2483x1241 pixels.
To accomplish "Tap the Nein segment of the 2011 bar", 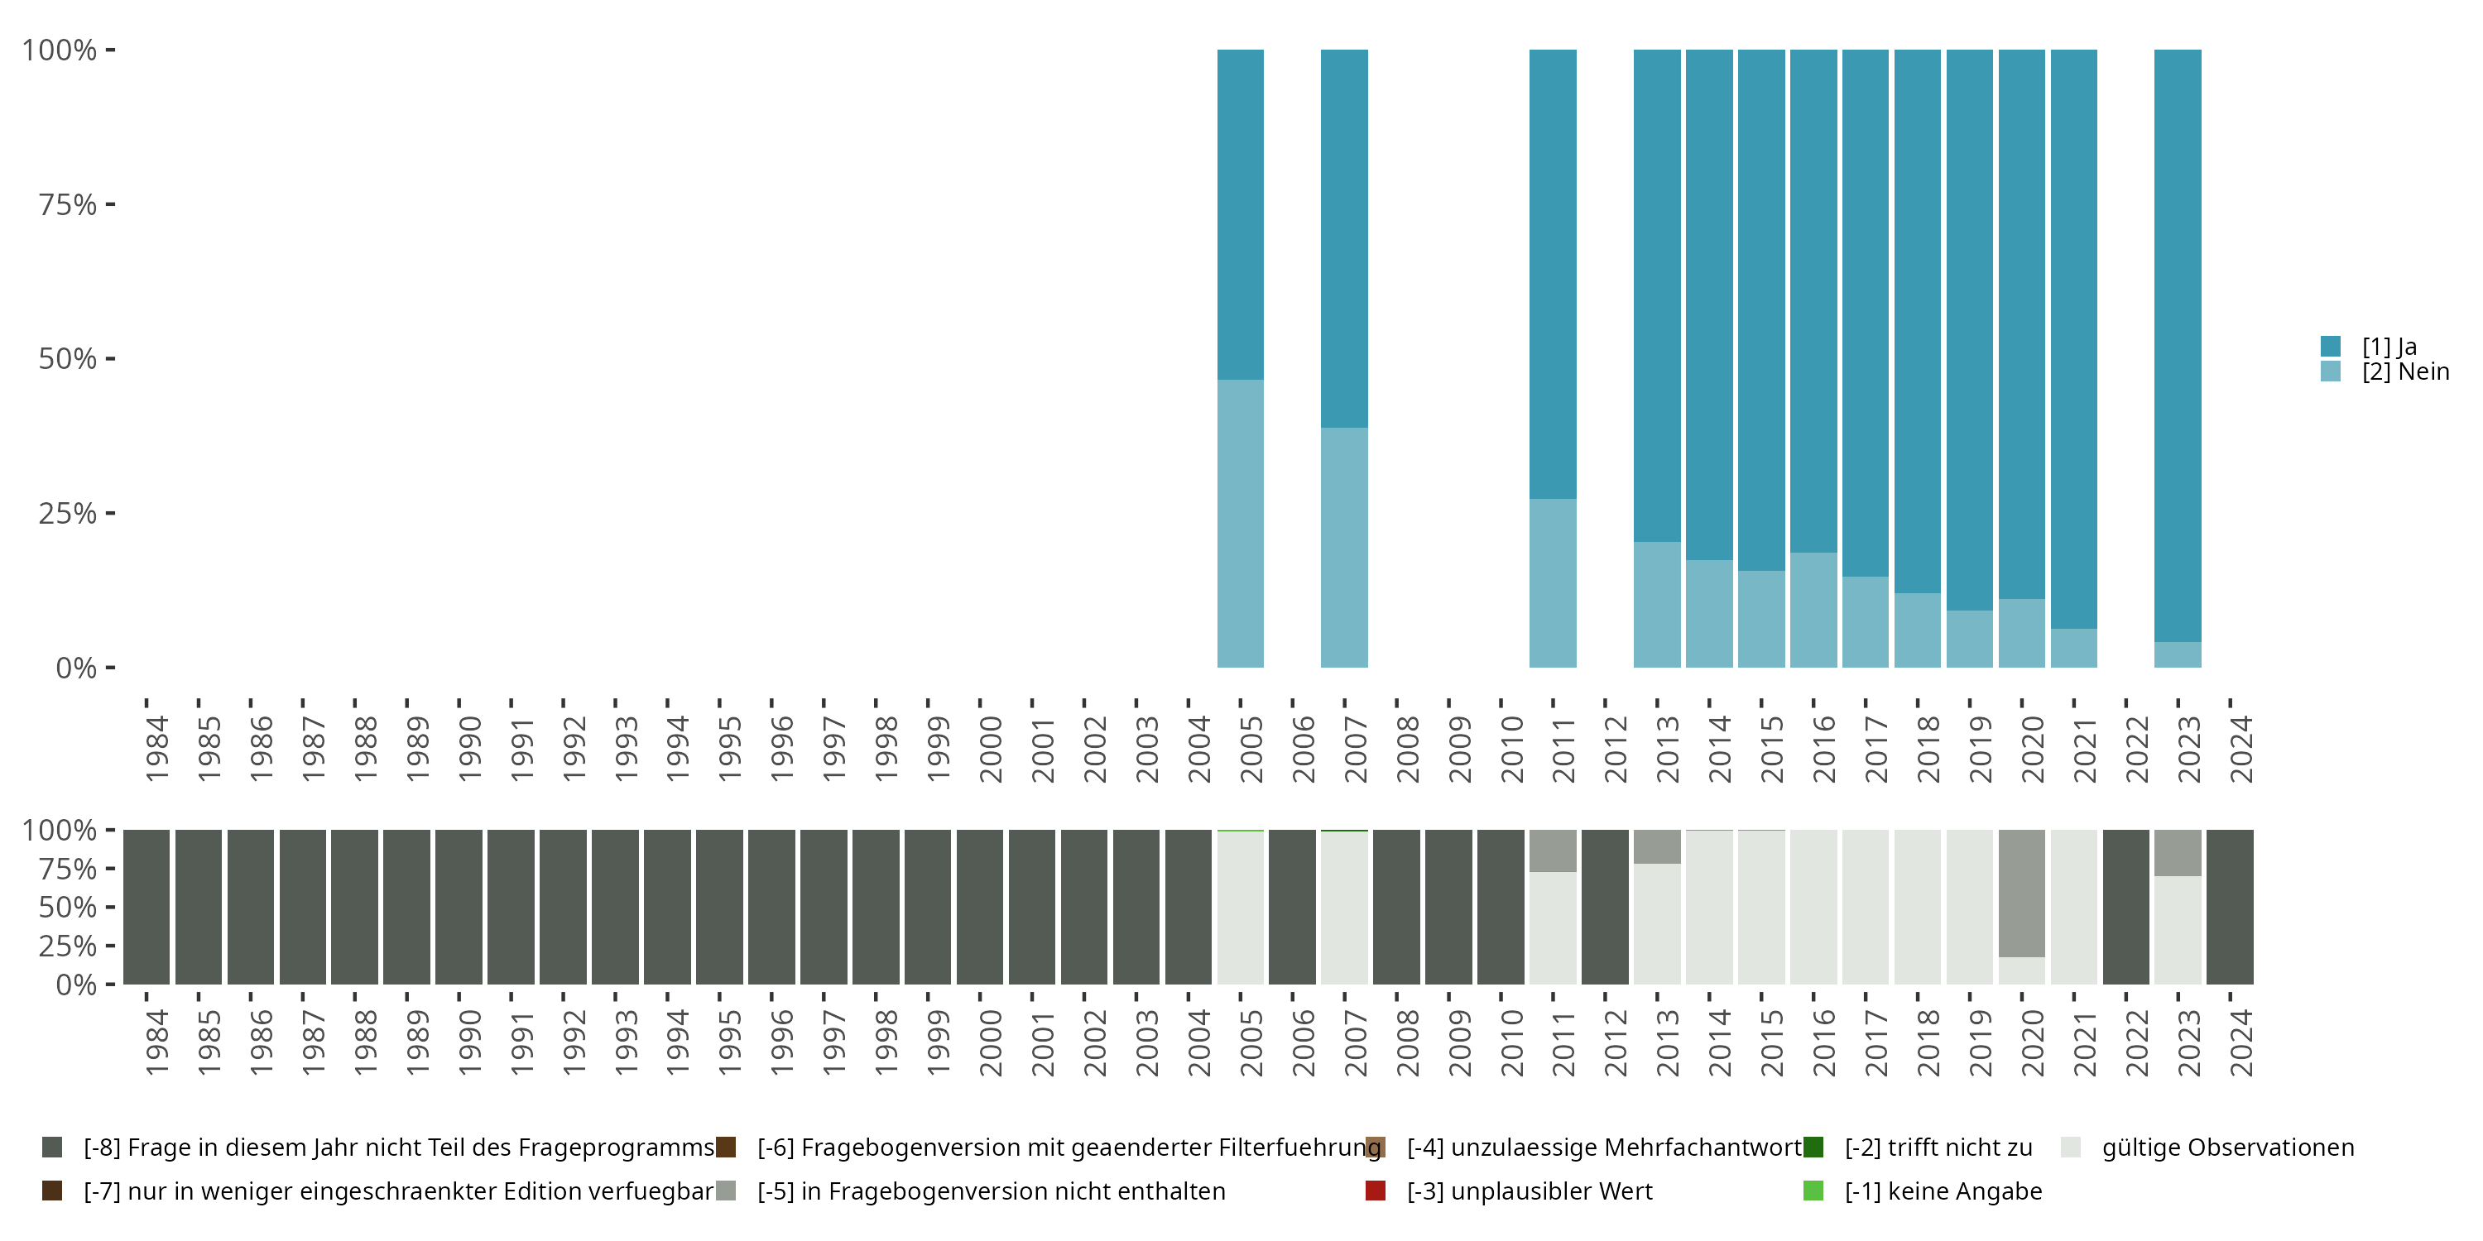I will pos(1552,583).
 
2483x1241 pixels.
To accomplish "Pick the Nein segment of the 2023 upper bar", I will pos(2178,655).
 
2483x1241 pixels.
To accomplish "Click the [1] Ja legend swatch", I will pos(2331,346).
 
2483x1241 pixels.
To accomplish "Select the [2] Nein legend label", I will pos(2405,372).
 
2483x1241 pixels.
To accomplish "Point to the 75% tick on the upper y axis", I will pos(110,204).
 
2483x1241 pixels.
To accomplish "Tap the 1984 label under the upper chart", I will pos(156,749).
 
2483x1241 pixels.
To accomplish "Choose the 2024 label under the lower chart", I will pos(2240,1042).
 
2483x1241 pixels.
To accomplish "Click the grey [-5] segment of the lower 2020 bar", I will pos(2021,892).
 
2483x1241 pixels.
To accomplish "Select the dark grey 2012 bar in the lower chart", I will pos(1605,907).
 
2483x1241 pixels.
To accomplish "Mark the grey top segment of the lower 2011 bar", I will pos(1552,850).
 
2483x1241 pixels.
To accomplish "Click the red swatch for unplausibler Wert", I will pos(1376,1191).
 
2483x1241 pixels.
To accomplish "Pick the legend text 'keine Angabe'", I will pos(1943,1191).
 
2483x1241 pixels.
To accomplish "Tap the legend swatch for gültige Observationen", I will pos(2071,1148).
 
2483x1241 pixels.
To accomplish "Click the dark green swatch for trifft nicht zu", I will pos(1813,1148).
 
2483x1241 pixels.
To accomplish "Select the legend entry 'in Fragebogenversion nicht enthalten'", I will pos(991,1191).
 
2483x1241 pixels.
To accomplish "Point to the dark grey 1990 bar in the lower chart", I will pos(459,907).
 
